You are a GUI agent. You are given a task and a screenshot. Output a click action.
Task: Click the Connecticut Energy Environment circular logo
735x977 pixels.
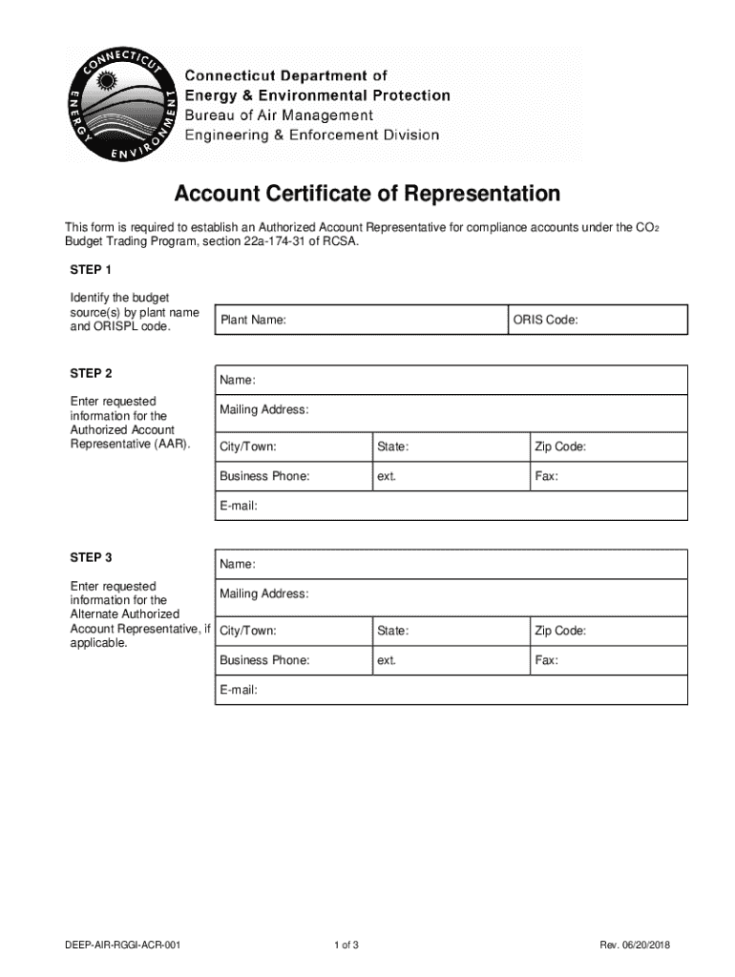[120, 104]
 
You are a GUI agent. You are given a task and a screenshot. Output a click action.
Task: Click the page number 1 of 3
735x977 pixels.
[346, 946]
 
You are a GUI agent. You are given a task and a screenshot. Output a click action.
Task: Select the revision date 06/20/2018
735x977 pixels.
[648, 946]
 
